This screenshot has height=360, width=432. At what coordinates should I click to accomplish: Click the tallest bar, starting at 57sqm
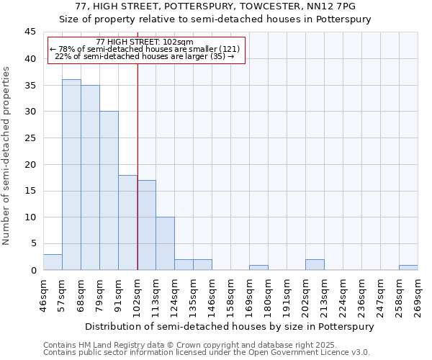(71, 175)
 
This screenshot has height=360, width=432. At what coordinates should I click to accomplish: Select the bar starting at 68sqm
(90, 178)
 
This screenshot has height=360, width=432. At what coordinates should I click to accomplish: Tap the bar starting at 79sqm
(109, 191)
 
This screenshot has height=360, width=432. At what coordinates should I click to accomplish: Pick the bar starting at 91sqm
(127, 222)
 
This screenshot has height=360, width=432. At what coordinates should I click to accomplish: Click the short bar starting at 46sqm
(53, 262)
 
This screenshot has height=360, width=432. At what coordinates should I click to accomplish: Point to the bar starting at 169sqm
(258, 267)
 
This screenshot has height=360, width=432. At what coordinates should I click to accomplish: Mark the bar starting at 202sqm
(315, 264)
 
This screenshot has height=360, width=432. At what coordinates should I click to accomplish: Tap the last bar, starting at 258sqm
(408, 267)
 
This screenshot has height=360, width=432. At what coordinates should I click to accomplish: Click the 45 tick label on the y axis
(30, 32)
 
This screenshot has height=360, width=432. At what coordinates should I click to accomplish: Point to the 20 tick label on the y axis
(30, 164)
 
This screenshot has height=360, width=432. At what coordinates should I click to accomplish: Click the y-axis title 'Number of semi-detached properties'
(7, 156)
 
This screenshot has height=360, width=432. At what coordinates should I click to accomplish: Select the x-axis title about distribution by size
(230, 326)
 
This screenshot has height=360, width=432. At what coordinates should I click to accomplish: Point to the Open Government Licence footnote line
(207, 352)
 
